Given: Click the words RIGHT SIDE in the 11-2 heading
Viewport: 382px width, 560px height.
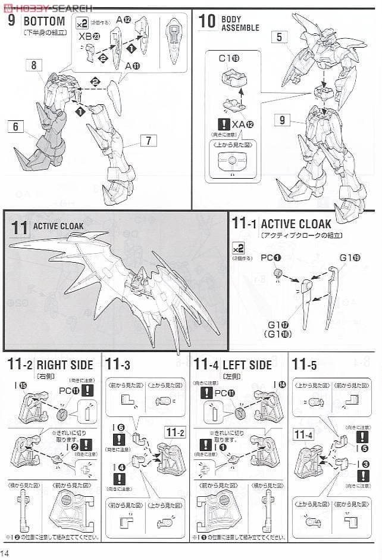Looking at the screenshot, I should pyautogui.click(x=65, y=365).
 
